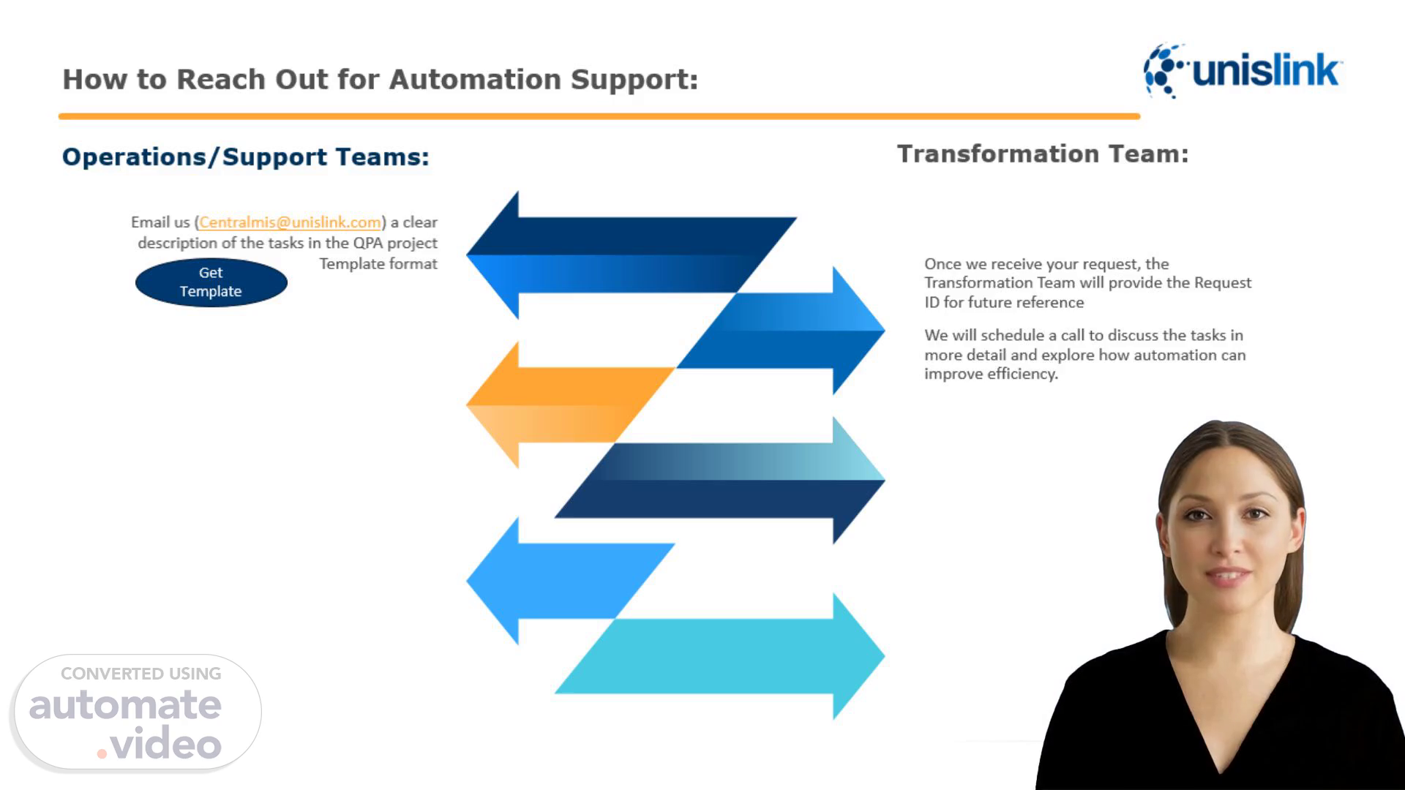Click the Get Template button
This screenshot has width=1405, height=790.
[x=211, y=282]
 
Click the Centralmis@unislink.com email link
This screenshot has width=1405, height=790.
[x=290, y=222]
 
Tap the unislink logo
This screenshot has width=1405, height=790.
[x=1242, y=71]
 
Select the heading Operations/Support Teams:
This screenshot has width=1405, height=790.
[x=245, y=157]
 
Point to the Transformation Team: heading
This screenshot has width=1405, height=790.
[x=1043, y=154]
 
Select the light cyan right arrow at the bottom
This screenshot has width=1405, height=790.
[x=720, y=655]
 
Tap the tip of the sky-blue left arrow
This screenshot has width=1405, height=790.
[x=468, y=581]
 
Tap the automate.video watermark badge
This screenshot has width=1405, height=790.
[x=137, y=712]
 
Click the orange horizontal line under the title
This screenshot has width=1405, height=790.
[x=599, y=116]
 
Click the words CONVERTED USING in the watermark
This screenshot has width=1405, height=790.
[x=141, y=674]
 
